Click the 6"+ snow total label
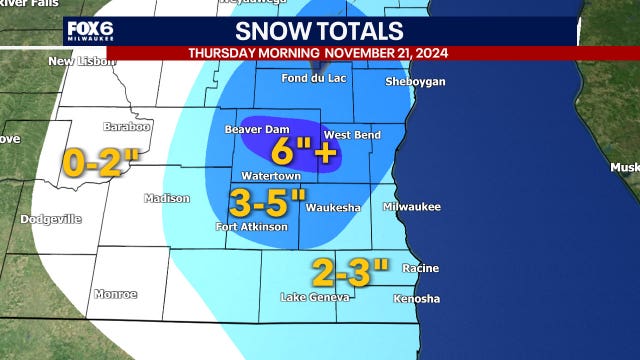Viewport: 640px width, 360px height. tap(304, 152)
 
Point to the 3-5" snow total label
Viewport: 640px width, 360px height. tap(267, 202)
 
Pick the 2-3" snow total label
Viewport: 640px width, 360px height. tap(349, 270)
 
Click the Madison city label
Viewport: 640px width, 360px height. tap(166, 198)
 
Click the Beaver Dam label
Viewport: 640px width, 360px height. tap(251, 130)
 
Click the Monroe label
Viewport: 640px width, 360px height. tap(114, 294)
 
